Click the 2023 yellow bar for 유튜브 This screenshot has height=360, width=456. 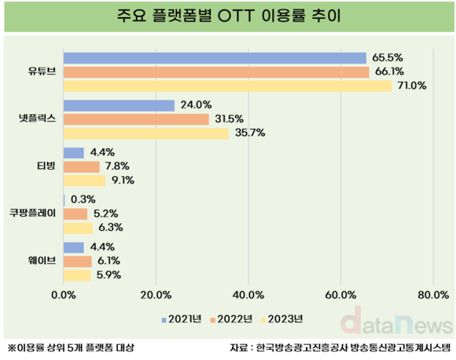(x=228, y=86)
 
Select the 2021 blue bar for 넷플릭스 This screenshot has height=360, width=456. (x=120, y=105)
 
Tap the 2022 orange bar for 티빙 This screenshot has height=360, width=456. (x=82, y=167)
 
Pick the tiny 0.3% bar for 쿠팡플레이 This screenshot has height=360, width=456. (x=64, y=200)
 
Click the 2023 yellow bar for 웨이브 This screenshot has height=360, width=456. (x=77, y=275)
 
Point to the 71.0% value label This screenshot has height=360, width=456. (x=412, y=86)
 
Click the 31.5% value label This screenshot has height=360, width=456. (x=229, y=119)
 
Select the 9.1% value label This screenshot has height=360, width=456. (x=123, y=180)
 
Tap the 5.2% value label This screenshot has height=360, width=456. (x=105, y=214)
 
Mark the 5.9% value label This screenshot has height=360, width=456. (x=108, y=275)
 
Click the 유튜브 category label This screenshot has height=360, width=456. (x=42, y=72)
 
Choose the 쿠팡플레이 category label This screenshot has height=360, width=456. (x=32, y=213)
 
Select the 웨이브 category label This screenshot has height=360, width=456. (x=42, y=260)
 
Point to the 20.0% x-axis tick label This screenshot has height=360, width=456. (x=156, y=296)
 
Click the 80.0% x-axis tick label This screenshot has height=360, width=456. (x=433, y=296)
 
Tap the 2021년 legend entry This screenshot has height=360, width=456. (x=182, y=319)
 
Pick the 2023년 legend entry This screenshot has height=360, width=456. (x=282, y=319)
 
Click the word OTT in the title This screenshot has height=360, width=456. (x=236, y=16)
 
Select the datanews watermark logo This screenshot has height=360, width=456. (x=397, y=321)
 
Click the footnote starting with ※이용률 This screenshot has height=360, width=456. (x=71, y=347)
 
